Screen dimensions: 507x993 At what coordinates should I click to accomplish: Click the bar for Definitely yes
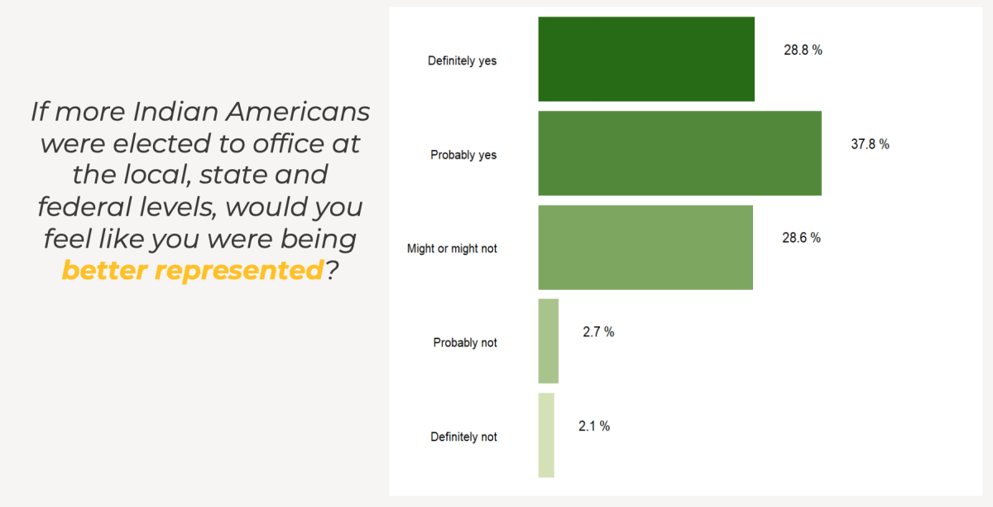click(646, 59)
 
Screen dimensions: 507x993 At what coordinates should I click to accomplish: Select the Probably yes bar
click(679, 153)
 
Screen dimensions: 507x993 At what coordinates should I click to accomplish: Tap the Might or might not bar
click(645, 247)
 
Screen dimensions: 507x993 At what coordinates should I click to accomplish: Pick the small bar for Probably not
click(549, 341)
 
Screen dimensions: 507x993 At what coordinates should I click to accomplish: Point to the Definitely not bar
click(546, 435)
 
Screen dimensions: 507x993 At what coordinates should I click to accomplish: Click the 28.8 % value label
click(803, 50)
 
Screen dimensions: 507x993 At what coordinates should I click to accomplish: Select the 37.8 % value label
click(870, 144)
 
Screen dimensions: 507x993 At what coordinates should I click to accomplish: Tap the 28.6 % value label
click(801, 238)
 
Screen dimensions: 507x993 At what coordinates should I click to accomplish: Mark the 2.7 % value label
click(598, 332)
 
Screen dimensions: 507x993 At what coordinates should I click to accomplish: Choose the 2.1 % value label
click(593, 426)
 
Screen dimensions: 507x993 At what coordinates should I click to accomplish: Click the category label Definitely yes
click(462, 60)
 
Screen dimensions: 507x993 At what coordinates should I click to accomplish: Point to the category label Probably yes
click(463, 155)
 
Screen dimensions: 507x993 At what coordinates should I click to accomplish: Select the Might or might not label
click(452, 249)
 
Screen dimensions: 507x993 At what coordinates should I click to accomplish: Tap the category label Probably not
click(465, 342)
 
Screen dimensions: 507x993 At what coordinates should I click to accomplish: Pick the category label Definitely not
click(463, 437)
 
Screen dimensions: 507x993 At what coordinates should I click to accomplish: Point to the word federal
click(82, 206)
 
